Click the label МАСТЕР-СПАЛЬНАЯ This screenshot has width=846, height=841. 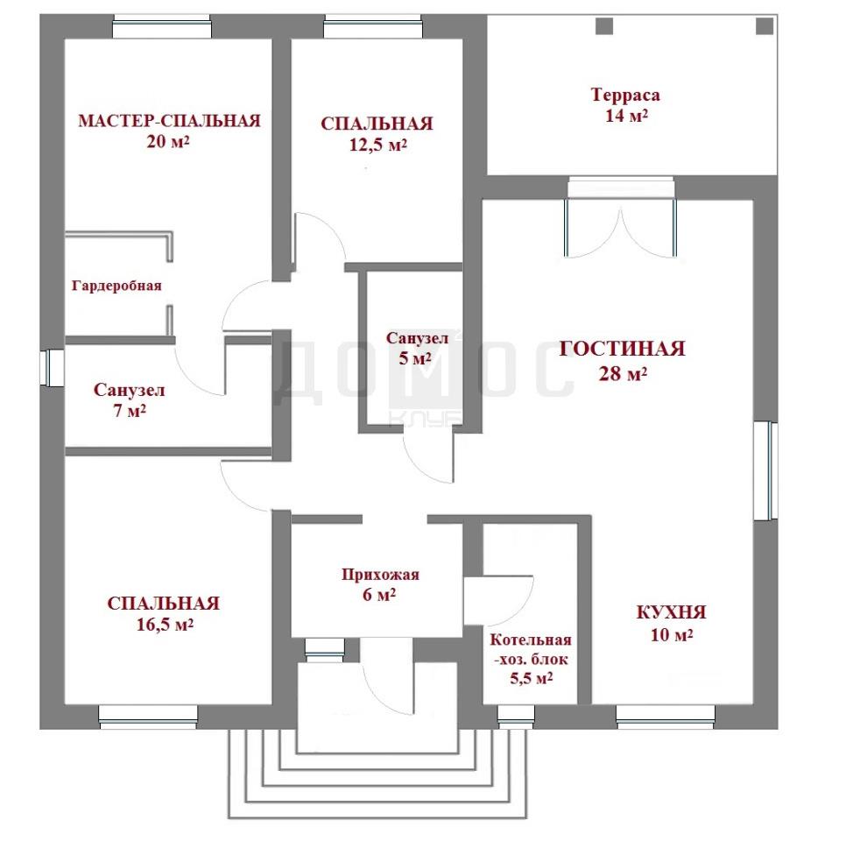tap(169, 120)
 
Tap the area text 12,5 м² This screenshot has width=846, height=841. tap(377, 145)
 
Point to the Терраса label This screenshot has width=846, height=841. tap(625, 95)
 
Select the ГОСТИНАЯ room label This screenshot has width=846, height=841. tap(622, 349)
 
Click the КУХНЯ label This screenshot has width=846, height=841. tap(671, 612)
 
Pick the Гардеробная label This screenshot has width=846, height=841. tap(116, 285)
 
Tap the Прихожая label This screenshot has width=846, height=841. tap(380, 575)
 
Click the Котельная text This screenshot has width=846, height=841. tap(531, 640)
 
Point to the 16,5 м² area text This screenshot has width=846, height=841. tap(165, 625)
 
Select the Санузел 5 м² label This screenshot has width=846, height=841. tap(417, 348)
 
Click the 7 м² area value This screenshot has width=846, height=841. tap(130, 411)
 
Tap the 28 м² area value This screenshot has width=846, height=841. tap(623, 373)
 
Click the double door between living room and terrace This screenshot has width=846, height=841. tap(620, 227)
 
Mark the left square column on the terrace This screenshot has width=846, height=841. tap(604, 25)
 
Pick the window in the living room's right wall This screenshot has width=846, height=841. tap(765, 470)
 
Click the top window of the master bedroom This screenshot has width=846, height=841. tap(162, 26)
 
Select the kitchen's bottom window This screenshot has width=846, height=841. tap(666, 717)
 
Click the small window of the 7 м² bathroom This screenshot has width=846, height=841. tap(53, 368)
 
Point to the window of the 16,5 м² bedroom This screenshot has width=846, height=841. tap(148, 717)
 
